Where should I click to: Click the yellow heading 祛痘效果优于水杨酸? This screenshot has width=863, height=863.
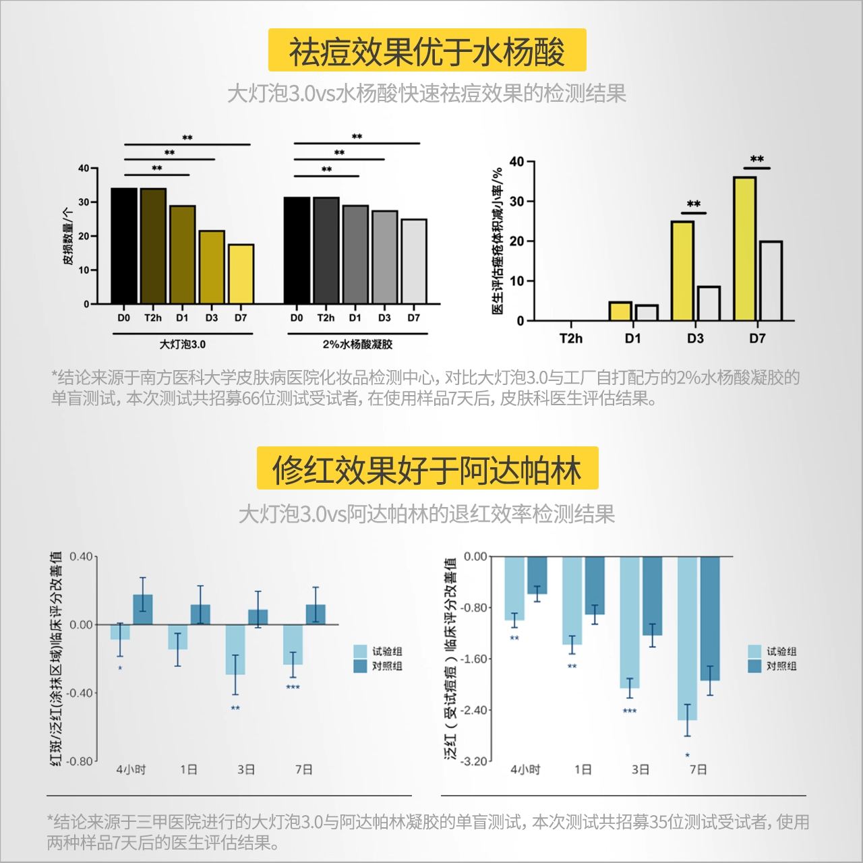pyautogui.click(x=427, y=51)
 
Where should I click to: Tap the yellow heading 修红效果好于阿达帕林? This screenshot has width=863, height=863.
pyautogui.click(x=427, y=469)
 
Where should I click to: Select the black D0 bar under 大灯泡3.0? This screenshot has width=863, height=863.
pyautogui.click(x=124, y=246)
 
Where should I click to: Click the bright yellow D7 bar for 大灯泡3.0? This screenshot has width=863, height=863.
pyautogui.click(x=241, y=274)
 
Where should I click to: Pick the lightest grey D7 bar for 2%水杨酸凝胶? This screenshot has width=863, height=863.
pyautogui.click(x=414, y=262)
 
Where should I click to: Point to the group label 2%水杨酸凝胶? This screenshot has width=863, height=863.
pyautogui.click(x=357, y=345)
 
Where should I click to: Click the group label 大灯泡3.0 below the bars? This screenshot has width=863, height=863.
pyautogui.click(x=182, y=345)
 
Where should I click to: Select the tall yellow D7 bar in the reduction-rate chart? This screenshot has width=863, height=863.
pyautogui.click(x=744, y=249)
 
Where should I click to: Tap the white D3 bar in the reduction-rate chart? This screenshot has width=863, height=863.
pyautogui.click(x=709, y=303)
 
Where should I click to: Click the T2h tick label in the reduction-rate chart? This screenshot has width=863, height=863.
pyautogui.click(x=570, y=338)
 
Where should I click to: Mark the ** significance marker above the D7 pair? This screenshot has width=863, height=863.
pyautogui.click(x=757, y=160)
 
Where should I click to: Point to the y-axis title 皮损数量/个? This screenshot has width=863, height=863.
pyautogui.click(x=67, y=236)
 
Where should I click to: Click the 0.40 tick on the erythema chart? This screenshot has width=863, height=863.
pyautogui.click(x=81, y=557)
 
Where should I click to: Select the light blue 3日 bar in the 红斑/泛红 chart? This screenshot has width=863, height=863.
pyautogui.click(x=235, y=649)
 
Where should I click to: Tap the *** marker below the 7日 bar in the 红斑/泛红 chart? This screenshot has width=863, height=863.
pyautogui.click(x=293, y=688)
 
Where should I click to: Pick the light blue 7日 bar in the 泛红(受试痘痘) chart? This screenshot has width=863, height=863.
pyautogui.click(x=687, y=638)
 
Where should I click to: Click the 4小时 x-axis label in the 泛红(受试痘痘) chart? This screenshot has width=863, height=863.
pyautogui.click(x=525, y=769)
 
